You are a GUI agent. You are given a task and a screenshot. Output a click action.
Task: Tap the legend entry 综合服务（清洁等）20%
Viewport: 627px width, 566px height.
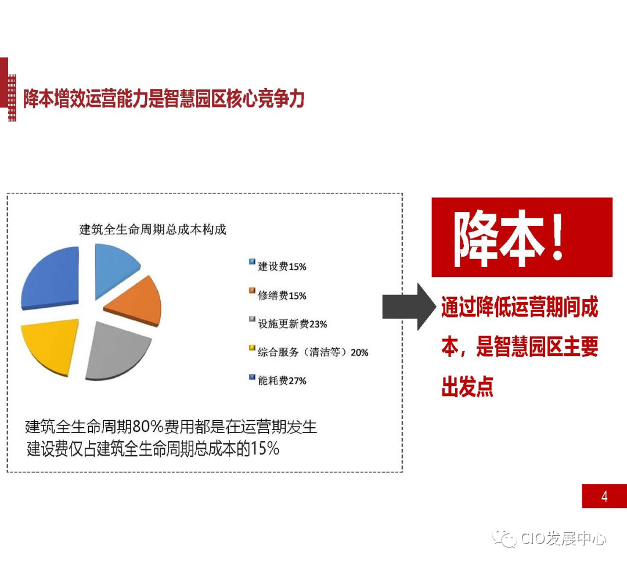(312, 352)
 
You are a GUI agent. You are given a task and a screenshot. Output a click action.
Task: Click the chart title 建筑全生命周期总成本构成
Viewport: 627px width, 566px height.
(153, 229)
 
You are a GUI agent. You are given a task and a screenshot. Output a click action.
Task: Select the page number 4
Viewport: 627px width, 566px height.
(604, 497)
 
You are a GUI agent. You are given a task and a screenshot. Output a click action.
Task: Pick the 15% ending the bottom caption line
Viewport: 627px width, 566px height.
(265, 449)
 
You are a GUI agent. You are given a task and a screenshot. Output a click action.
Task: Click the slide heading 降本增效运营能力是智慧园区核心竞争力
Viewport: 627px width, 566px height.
(163, 99)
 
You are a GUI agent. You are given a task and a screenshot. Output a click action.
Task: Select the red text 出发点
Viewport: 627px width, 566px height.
(467, 387)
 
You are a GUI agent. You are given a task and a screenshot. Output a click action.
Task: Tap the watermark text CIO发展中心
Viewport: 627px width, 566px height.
(563, 539)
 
